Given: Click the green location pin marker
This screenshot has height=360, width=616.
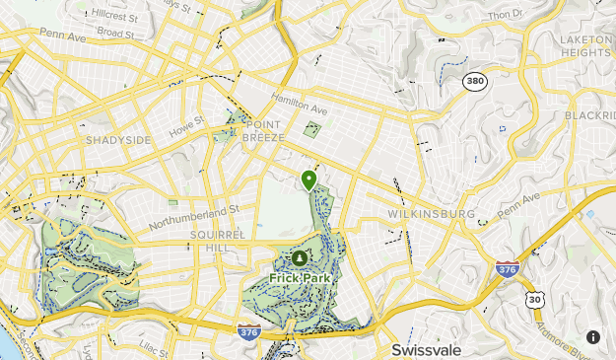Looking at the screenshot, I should coord(309,180).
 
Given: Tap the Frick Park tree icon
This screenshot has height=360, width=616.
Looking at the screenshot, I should coord(300,258).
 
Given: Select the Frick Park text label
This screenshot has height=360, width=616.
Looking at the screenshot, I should coord(300,278).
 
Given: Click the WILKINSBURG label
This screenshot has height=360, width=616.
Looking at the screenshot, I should coord(431,214).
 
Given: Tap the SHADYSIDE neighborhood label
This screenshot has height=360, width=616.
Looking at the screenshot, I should coord(118,140).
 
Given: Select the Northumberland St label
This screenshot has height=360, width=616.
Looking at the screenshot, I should coord(194,217).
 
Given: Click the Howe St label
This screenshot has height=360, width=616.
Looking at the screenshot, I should coord(185,127).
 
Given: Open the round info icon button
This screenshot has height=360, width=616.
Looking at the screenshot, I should coord(593,336).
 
